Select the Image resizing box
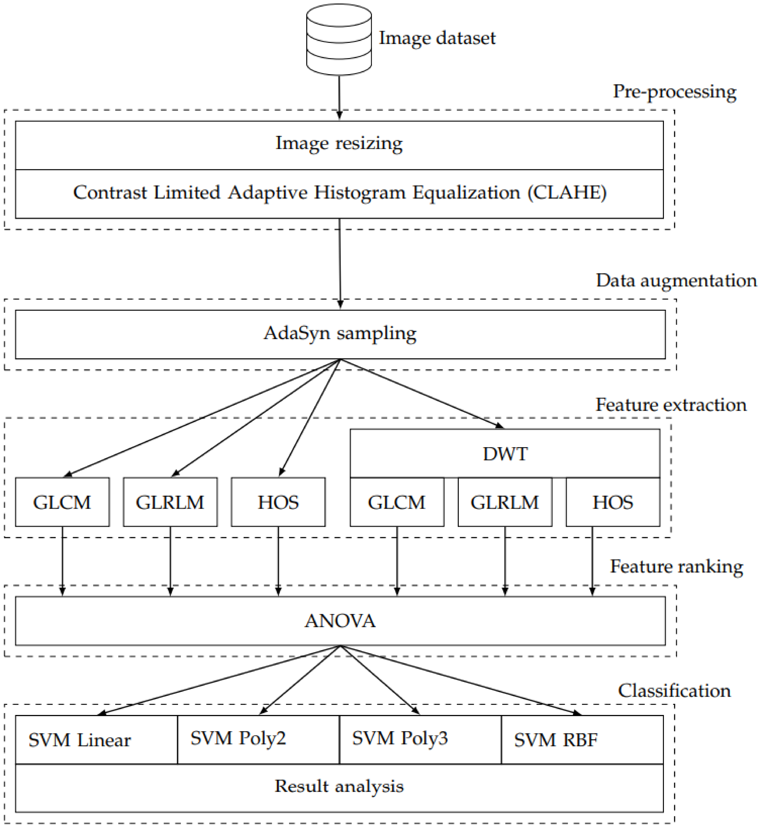coord(339,145)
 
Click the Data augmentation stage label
coord(676,280)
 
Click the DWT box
coord(505,454)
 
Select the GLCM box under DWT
coord(397,502)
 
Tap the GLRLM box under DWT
coord(505,502)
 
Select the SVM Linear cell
coord(96,740)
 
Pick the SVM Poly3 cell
coord(420,740)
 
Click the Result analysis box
coord(339,788)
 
